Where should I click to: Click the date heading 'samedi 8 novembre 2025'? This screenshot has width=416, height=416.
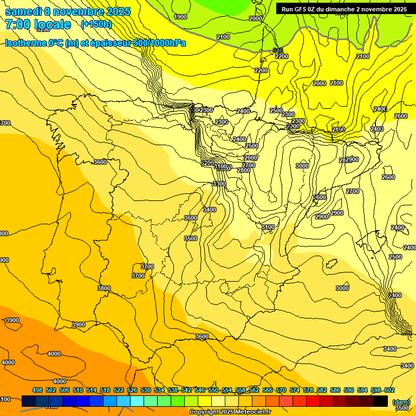click(x=67, y=11)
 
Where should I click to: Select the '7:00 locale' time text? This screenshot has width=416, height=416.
click(x=38, y=24)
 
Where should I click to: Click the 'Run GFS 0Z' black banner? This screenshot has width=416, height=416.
click(x=344, y=9)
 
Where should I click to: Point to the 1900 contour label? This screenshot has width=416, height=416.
click(x=180, y=17)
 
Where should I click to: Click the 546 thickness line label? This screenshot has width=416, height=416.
click(x=278, y=50)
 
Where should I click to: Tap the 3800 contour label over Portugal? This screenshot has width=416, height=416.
click(x=104, y=288)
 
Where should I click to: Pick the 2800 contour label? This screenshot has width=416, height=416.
click(x=244, y=170)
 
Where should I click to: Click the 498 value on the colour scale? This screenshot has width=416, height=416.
click(x=37, y=391)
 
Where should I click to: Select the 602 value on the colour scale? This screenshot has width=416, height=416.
click(x=389, y=391)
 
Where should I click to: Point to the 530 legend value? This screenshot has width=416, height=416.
click(x=146, y=391)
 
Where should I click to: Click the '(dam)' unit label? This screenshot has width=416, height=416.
click(x=401, y=401)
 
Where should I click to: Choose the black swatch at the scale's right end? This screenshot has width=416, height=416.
click(x=381, y=401)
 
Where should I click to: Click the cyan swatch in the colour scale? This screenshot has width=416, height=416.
click(x=137, y=401)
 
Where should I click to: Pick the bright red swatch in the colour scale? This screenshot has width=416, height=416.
click(x=313, y=401)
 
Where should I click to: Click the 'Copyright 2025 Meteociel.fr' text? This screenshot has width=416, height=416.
click(x=230, y=412)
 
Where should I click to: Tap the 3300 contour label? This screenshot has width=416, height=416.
click(x=219, y=184)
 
